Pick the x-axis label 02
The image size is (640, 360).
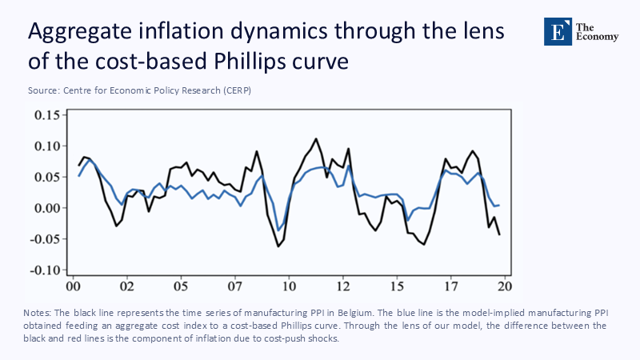pos(126,285)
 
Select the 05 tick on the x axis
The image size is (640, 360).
pos(180,285)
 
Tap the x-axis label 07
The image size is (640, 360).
pos(234,285)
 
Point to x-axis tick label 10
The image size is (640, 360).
pos(289,285)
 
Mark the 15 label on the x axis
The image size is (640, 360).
pos(397,285)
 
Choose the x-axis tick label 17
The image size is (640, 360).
pos(451,285)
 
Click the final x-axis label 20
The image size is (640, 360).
pos(505,285)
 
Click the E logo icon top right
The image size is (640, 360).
pos(556,30)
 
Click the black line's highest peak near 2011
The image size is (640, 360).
pos(316,139)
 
